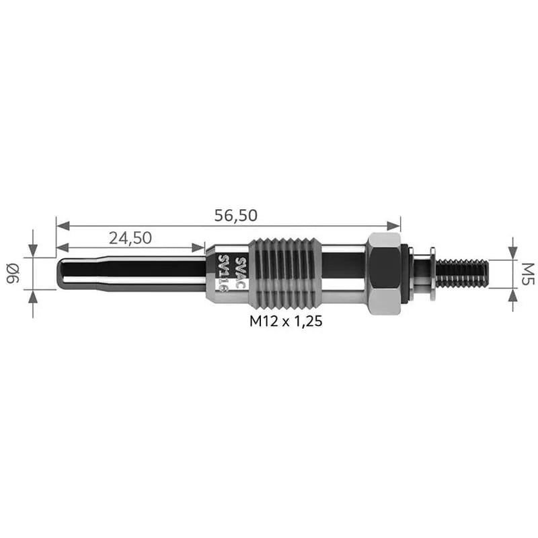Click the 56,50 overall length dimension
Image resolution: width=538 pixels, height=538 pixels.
click(236, 215)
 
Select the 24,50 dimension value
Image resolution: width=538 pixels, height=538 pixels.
click(130, 238)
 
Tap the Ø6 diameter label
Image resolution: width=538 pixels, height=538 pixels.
click(13, 274)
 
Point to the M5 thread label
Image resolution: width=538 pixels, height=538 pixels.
click(527, 274)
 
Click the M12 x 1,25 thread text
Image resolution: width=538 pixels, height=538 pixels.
click(286, 321)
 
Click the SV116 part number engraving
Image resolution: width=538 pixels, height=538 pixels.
click(223, 274)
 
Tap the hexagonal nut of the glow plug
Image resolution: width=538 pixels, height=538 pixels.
click(383, 274)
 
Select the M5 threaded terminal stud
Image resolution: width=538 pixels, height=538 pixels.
click(462, 274)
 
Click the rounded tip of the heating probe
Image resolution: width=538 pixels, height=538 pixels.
click(62, 274)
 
